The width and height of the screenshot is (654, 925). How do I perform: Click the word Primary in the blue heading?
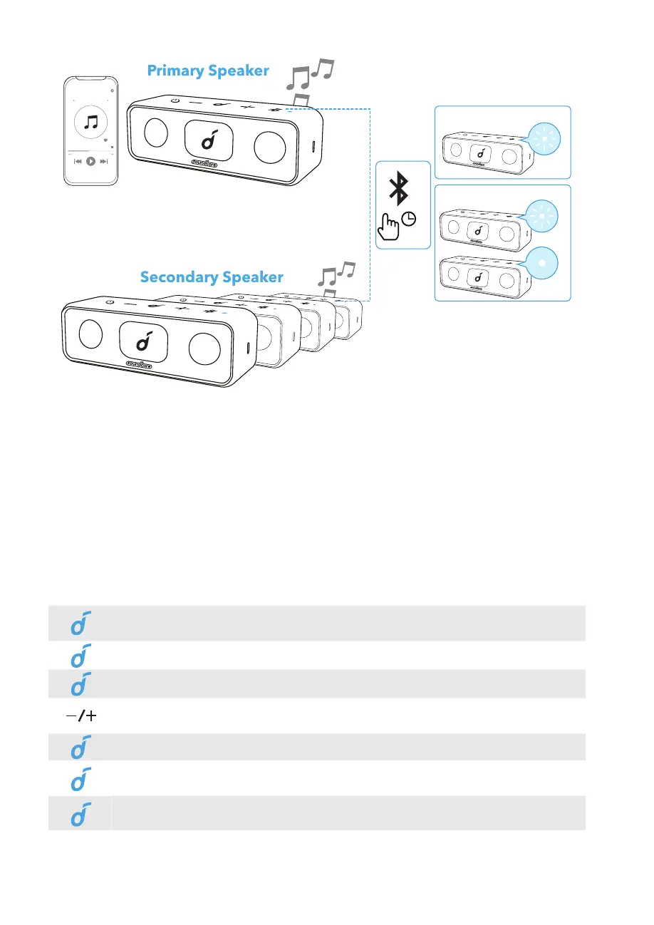(175, 71)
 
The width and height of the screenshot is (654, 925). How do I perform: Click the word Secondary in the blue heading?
(179, 277)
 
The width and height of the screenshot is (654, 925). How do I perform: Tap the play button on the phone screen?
(91, 162)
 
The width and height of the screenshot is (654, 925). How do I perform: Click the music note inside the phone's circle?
(91, 122)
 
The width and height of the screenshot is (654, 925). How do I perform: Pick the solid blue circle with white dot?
(541, 261)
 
